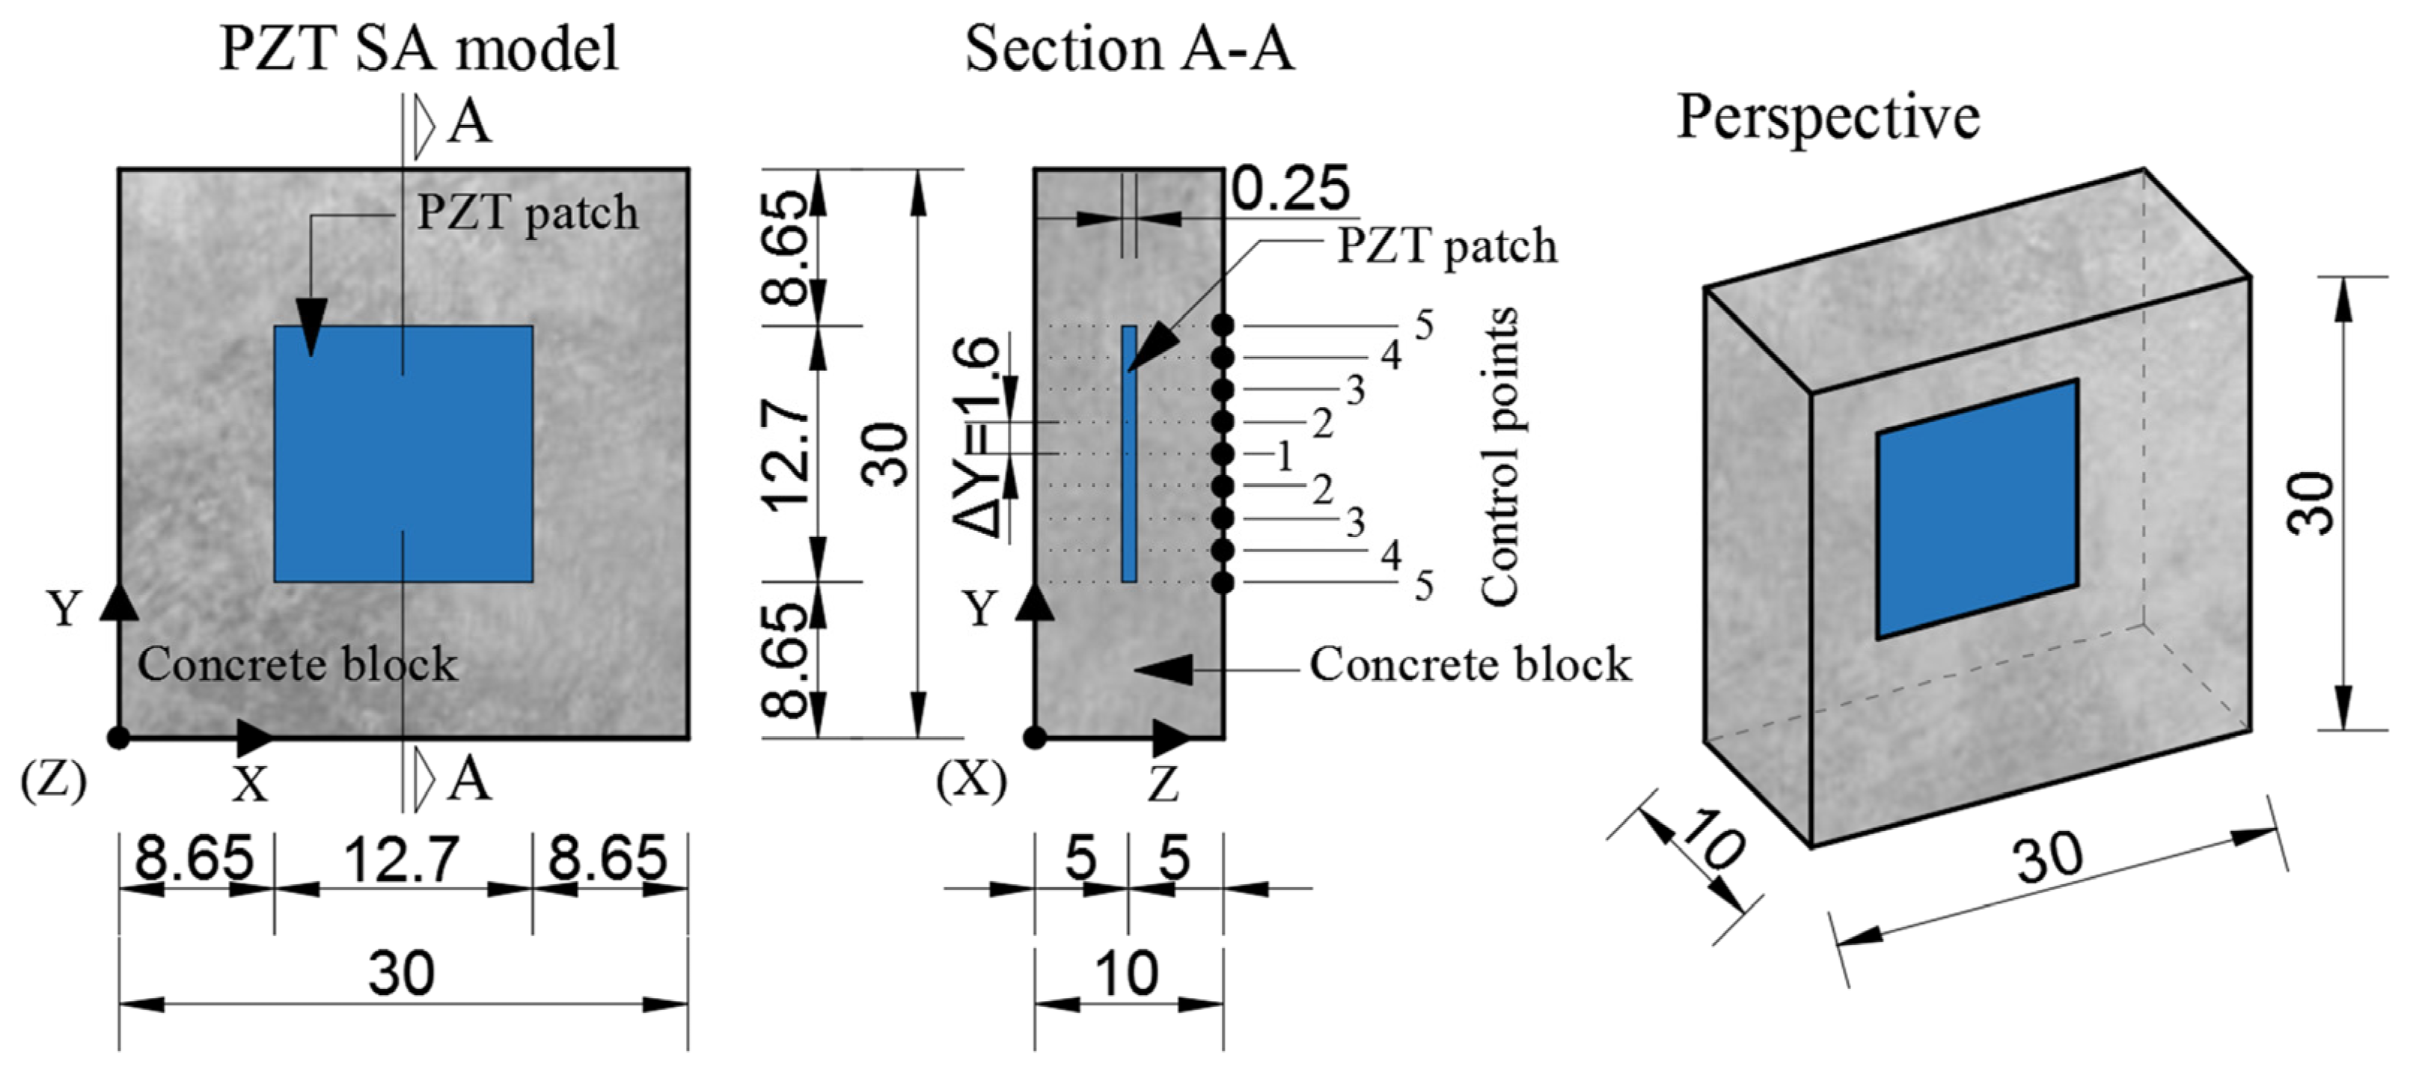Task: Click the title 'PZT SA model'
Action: point(418,48)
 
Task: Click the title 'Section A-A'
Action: point(1129,48)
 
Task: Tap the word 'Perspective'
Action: point(1827,118)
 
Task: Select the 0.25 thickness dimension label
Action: point(1290,189)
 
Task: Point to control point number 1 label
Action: point(1284,456)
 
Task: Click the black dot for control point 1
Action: point(1222,453)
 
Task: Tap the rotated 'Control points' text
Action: point(1499,456)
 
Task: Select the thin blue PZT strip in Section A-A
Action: point(1129,453)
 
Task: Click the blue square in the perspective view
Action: point(1977,509)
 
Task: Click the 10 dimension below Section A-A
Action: point(1128,973)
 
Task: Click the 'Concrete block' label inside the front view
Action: point(298,664)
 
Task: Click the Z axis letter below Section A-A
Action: point(1163,785)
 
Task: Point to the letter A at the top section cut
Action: point(468,123)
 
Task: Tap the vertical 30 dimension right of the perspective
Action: point(2310,503)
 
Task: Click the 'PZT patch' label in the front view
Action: point(527,213)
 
